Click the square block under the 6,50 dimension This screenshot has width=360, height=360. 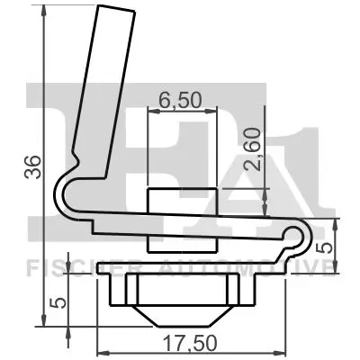click(182, 219)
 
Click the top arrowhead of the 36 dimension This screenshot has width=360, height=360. click(41, 11)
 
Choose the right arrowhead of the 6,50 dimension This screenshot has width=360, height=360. click(214, 112)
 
